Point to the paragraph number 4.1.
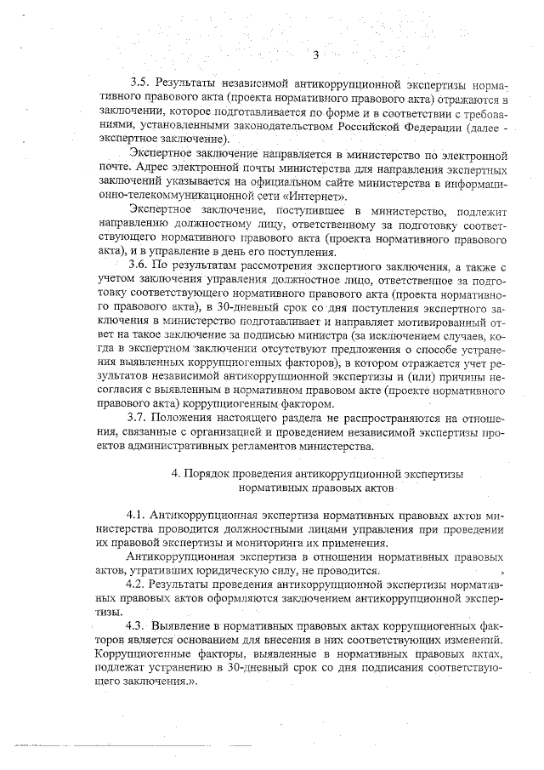(x=137, y=516)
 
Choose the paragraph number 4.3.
(x=137, y=624)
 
